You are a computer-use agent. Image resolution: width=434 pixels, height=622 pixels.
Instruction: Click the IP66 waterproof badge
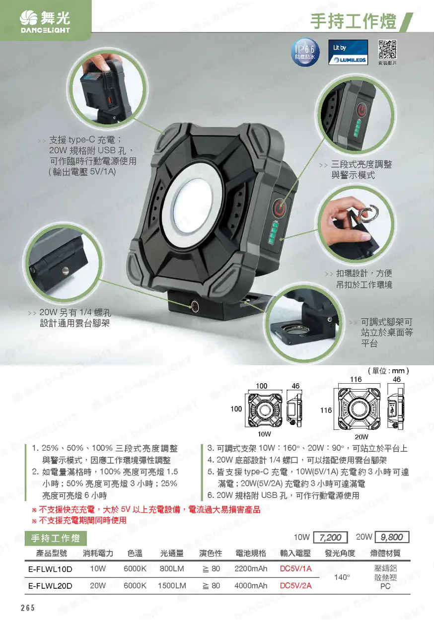305,52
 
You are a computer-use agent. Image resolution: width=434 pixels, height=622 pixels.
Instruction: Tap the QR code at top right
387,50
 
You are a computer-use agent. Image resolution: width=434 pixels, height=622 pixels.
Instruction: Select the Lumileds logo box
348,52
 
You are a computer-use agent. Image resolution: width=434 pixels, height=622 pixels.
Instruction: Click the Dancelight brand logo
45,22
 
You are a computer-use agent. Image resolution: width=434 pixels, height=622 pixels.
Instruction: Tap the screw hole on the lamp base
194,306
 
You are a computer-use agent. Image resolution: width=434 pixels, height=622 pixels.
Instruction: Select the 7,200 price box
330,537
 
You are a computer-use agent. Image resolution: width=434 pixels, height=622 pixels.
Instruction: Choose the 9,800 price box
392,537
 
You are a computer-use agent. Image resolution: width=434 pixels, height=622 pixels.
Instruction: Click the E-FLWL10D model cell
50,569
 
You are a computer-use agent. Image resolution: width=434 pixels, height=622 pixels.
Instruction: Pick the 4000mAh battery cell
251,586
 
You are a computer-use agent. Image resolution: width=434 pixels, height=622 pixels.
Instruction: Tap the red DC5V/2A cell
295,586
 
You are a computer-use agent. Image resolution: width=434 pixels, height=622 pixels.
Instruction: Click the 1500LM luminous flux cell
172,586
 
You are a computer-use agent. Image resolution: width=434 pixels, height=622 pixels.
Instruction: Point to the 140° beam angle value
342,577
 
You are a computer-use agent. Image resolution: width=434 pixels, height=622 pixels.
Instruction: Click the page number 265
28,608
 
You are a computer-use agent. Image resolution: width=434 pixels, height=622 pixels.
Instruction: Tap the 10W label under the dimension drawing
264,434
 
